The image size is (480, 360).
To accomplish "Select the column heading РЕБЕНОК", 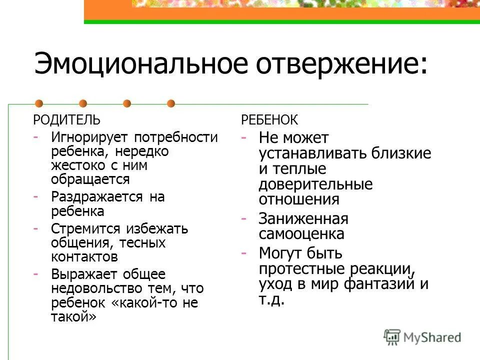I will (x=269, y=120).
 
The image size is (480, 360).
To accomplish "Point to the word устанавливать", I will (x=313, y=153).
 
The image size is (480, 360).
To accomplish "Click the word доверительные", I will (x=315, y=184).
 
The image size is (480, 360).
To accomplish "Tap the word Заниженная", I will (x=303, y=219).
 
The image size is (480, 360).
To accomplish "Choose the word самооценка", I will (x=301, y=234).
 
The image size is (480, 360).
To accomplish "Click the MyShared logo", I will (x=422, y=337).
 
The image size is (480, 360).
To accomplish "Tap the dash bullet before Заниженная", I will (x=243, y=219).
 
